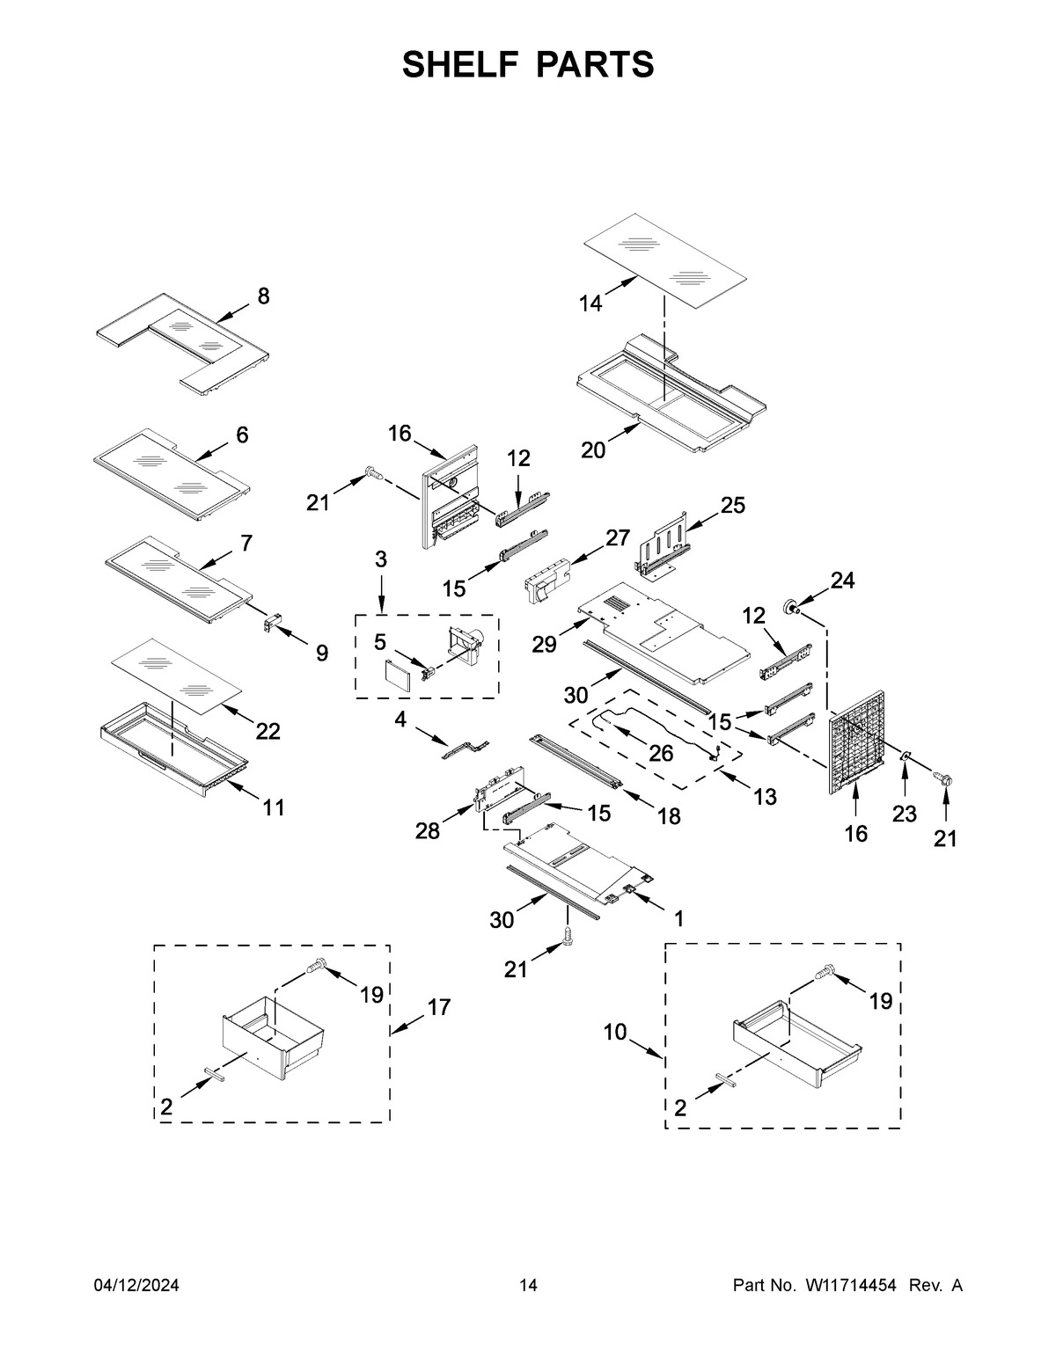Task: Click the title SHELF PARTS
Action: (x=528, y=64)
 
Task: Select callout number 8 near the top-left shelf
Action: (x=263, y=297)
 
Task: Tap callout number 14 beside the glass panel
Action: (x=590, y=303)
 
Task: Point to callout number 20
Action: (x=593, y=449)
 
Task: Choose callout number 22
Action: (x=268, y=731)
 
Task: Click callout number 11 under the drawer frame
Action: (x=274, y=807)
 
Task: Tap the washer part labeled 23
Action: (x=906, y=756)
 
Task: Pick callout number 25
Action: (x=732, y=505)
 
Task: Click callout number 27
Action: (x=618, y=538)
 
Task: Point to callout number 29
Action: (x=544, y=645)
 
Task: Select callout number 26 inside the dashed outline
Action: (x=660, y=753)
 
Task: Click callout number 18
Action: (x=669, y=816)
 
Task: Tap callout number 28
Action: (x=428, y=830)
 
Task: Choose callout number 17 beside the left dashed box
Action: (x=438, y=1007)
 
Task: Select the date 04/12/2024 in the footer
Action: (x=136, y=1286)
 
